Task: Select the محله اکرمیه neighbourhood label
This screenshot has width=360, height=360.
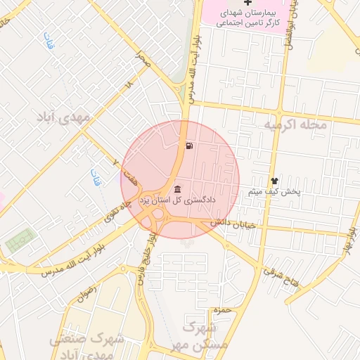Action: [x=296, y=124]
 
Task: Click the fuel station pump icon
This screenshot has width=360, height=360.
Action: [x=190, y=146]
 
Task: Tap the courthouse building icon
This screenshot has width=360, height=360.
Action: [x=176, y=189]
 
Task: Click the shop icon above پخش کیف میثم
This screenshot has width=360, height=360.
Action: [x=274, y=181]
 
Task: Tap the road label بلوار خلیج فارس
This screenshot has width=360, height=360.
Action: [x=145, y=262]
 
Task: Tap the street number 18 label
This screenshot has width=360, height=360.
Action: [x=128, y=84]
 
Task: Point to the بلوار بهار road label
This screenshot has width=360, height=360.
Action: [x=347, y=243]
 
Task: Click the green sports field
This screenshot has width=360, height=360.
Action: [x=19, y=241]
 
